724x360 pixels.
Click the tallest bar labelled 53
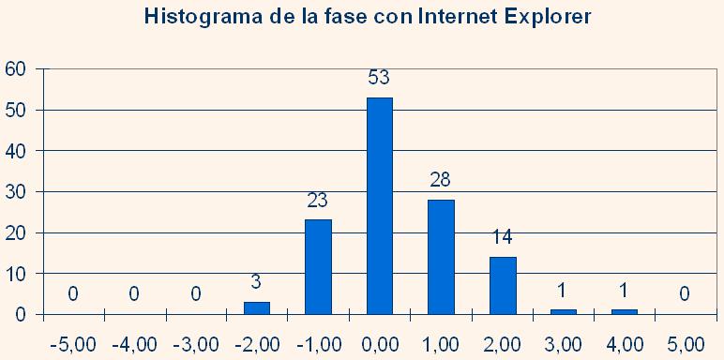coord(379,206)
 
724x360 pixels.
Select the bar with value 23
coord(318,267)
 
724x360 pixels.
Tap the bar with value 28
coord(441,257)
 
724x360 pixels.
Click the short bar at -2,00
coord(256,308)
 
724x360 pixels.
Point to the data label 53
coord(379,78)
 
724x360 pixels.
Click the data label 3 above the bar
coord(256,282)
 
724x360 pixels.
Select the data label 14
coord(503,237)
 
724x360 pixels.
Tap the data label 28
coord(441,180)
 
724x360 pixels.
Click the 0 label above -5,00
coord(72,295)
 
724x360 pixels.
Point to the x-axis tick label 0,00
coord(379,344)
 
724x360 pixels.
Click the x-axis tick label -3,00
coord(194,344)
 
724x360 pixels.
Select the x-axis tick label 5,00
coord(686,344)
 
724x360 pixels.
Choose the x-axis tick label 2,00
coord(502,344)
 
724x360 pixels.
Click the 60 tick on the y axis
coord(15,68)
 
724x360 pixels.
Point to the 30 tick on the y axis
coord(15,191)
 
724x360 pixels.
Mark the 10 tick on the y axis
coord(15,274)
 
